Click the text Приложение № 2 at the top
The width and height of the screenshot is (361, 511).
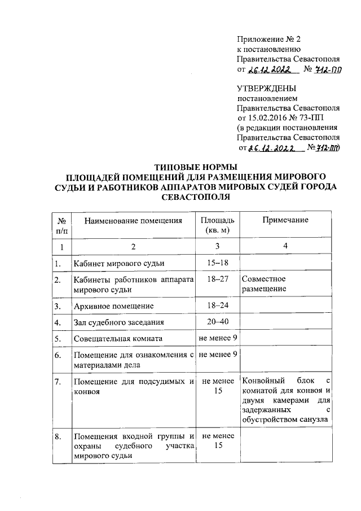click(269, 39)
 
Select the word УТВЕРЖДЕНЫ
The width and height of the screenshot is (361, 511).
click(267, 88)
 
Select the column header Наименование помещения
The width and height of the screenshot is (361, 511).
click(133, 221)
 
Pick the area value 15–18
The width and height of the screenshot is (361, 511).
click(217, 263)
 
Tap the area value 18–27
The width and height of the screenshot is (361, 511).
click(217, 279)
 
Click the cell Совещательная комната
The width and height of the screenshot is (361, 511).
click(118, 339)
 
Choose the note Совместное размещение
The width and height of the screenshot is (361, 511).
click(263, 284)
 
